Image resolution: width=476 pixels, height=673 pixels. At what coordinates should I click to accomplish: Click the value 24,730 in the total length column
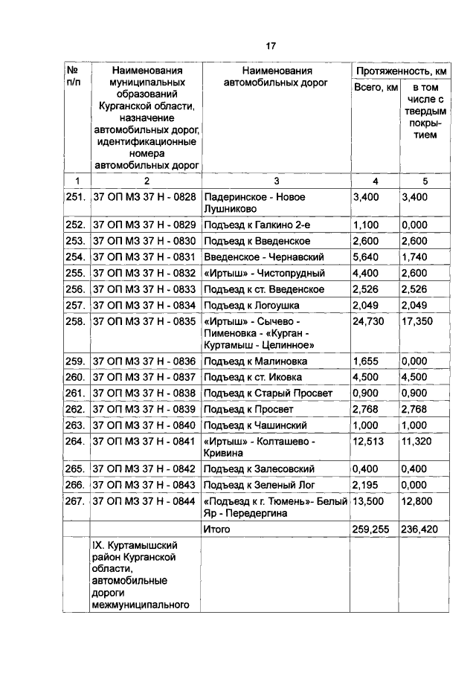tap(368, 321)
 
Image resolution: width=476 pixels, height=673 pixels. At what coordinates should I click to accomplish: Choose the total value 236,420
tap(420, 529)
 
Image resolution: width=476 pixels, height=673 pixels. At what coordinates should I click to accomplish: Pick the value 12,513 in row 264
tap(368, 442)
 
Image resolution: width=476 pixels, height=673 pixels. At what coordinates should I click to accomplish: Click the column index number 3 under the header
tap(276, 181)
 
